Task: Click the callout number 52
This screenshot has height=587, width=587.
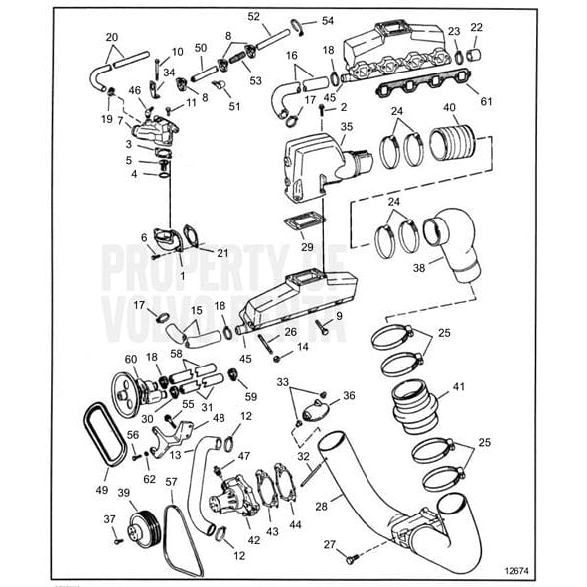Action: pyautogui.click(x=253, y=17)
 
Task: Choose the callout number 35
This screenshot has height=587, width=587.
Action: pyautogui.click(x=347, y=127)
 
